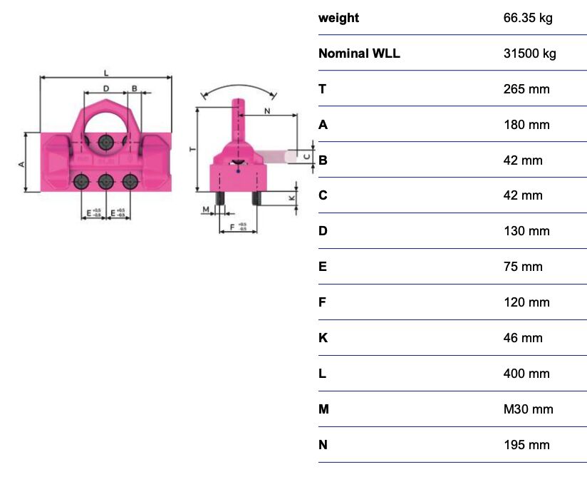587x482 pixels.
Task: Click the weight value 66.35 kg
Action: tap(527, 18)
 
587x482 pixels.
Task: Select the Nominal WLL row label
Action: tap(359, 53)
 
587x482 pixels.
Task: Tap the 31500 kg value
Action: tap(529, 53)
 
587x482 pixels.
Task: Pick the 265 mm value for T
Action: tap(526, 89)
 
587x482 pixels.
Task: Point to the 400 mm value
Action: tap(526, 374)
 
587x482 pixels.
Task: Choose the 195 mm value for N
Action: tap(526, 445)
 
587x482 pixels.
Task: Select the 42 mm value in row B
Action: tap(522, 160)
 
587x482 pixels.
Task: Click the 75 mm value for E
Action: tap(522, 267)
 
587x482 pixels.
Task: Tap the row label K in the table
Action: tap(323, 338)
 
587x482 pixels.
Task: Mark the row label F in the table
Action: tap(323, 302)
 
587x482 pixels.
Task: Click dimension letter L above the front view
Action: tap(106, 72)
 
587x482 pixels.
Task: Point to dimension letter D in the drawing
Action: tap(105, 88)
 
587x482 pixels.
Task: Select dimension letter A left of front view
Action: tap(21, 163)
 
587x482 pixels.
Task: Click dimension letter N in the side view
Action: tap(267, 111)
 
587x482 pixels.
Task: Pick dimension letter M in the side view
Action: tap(206, 210)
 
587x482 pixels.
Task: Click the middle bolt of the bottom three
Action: tap(105, 181)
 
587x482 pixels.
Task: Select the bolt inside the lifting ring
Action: tap(105, 143)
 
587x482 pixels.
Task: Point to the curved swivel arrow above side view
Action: tap(239, 86)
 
